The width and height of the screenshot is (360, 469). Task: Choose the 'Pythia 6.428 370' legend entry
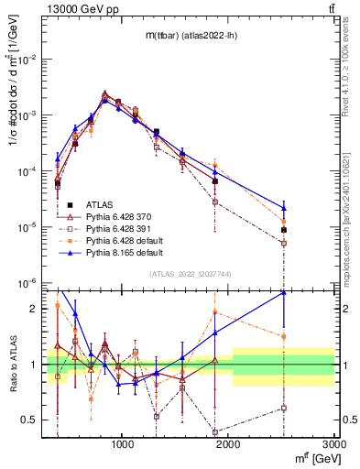tap(119, 216)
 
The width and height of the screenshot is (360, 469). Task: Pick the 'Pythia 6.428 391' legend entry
tap(119, 228)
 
